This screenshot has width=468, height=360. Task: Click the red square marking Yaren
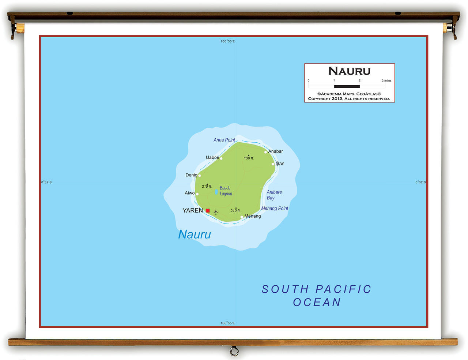(208, 210)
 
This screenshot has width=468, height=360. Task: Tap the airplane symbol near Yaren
(216, 212)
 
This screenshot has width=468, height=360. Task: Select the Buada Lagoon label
(226, 191)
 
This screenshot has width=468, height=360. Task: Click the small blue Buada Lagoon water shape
(216, 192)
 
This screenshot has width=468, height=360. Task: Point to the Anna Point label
(224, 140)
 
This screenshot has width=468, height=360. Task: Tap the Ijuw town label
(280, 163)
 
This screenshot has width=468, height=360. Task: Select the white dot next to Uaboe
(221, 158)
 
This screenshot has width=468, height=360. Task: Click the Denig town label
(191, 175)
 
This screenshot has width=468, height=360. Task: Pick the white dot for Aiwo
(197, 194)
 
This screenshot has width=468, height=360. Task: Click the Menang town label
(253, 216)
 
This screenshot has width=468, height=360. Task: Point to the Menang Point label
(275, 208)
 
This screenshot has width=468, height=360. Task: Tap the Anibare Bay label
(274, 195)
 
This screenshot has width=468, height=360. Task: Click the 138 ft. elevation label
(249, 158)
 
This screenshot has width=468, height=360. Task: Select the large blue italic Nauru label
(195, 234)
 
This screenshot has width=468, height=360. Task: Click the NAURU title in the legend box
(349, 71)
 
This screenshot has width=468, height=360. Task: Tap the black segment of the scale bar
(347, 86)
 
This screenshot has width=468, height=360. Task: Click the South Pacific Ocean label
(317, 296)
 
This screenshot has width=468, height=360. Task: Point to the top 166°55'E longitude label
(227, 41)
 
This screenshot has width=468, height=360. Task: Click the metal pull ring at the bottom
(234, 351)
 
